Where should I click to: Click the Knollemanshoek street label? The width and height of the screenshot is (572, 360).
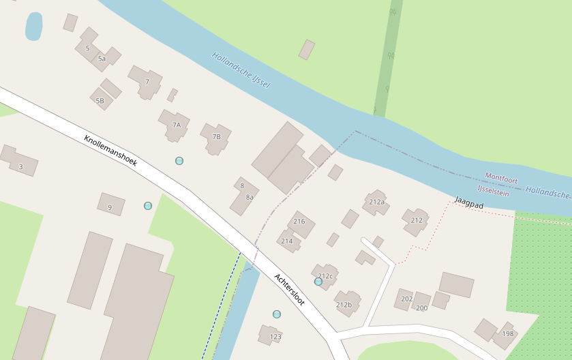pos(110,151)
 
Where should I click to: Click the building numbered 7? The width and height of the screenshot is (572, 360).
pos(147,82)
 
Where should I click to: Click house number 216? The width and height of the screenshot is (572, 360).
pos(299,222)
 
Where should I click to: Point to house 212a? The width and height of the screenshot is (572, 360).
pos(376,202)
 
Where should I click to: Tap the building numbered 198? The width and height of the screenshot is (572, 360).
pos(507,333)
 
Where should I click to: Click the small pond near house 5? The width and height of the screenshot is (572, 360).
pos(33,27)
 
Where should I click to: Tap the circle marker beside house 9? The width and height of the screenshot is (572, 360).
pos(148,205)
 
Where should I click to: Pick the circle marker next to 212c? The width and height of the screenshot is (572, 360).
pos(318,281)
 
